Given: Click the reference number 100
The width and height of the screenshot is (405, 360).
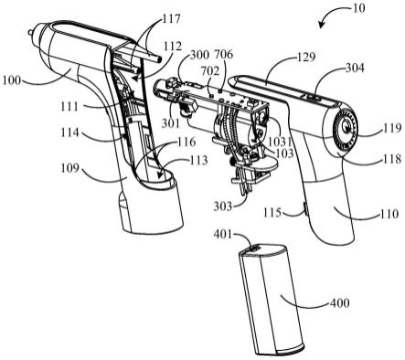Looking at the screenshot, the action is [x=12, y=80].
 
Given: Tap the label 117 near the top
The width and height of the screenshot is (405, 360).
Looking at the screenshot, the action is [x=171, y=19].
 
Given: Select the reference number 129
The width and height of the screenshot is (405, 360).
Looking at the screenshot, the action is [x=305, y=57].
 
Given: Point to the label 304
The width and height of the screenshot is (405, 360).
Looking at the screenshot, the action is [x=355, y=68].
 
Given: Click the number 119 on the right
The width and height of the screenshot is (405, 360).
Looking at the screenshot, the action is [x=392, y=128].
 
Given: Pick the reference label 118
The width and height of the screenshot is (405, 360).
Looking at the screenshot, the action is [x=391, y=159].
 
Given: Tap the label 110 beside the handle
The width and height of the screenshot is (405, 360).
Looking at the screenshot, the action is [x=389, y=214].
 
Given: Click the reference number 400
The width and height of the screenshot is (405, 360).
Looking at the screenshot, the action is [x=340, y=303].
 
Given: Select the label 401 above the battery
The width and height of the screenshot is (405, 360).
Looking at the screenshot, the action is [x=223, y=235].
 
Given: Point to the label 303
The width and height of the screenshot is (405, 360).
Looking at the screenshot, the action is [x=223, y=206].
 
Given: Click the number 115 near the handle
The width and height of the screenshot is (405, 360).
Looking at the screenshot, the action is [x=272, y=212].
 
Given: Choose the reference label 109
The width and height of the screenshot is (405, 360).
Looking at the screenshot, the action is [x=69, y=168].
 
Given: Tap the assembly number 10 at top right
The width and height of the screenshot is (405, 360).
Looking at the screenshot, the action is [x=358, y=8].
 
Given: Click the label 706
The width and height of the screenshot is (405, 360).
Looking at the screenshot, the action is [x=224, y=55].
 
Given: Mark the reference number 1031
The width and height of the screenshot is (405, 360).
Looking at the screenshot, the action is [x=279, y=142].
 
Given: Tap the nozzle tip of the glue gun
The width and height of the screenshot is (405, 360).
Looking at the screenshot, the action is [x=30, y=31].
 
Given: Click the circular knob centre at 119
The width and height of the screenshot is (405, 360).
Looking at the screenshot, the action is [x=346, y=128].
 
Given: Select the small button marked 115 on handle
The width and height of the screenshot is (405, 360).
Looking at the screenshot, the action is [x=305, y=210].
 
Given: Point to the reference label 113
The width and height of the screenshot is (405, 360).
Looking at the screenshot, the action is [x=198, y=160].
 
